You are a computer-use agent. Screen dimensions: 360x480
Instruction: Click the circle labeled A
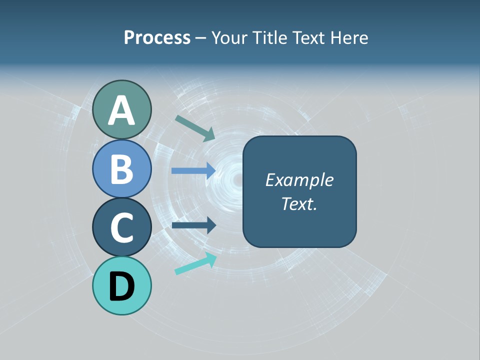121,109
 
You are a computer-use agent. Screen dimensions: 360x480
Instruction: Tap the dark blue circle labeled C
121,227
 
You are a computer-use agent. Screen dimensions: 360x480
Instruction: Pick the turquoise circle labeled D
121,285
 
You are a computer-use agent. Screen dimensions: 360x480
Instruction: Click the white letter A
121,110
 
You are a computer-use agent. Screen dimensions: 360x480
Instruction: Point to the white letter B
121,169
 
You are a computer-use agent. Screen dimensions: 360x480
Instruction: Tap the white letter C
121,227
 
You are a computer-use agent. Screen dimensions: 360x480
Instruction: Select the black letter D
121,286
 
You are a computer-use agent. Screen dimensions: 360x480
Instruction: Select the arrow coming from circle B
193,170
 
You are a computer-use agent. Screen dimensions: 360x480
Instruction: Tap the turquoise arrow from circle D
195,263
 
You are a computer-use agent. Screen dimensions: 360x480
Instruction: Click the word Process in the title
157,37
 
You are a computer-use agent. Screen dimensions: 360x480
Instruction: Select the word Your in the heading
229,37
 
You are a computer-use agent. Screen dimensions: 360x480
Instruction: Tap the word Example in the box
299,180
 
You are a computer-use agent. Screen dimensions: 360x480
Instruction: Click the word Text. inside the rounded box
299,203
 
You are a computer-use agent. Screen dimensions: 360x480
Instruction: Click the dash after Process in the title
200,38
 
